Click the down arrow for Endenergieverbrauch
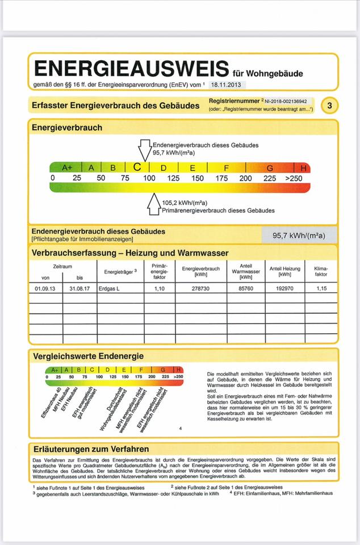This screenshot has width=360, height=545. [145, 150]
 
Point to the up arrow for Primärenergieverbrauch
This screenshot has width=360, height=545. [154, 204]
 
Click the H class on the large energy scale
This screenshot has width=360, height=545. [303, 168]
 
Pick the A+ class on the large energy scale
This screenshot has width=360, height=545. [68, 168]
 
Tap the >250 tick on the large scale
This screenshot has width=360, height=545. [294, 178]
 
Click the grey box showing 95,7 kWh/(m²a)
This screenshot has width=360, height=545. [300, 234]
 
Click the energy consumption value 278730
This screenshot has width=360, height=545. [201, 288]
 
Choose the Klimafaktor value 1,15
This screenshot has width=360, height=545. [321, 288]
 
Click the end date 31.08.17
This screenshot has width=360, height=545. [79, 288]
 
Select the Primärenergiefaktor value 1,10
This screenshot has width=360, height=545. [159, 288]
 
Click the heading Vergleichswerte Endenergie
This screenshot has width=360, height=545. [88, 356]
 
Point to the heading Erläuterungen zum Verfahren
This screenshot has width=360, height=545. [91, 448]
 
